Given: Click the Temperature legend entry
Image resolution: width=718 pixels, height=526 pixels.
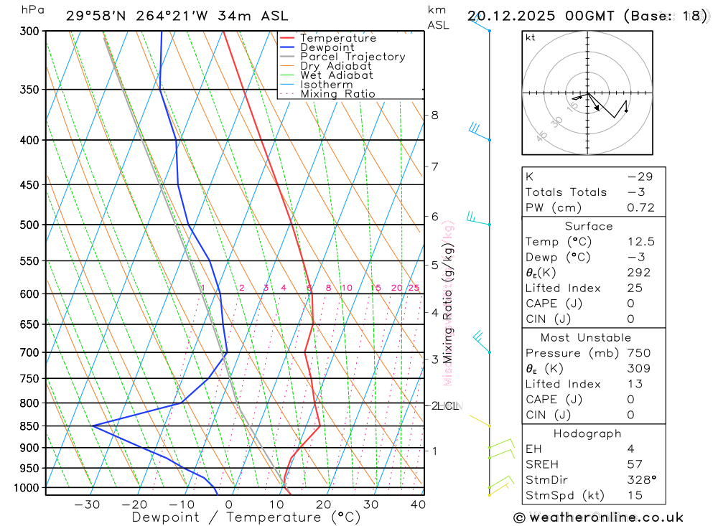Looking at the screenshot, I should tap(337, 38).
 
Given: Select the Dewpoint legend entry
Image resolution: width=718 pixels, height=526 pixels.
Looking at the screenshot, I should tap(327, 47).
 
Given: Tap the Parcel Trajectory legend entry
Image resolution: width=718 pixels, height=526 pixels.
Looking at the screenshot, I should tap(353, 57).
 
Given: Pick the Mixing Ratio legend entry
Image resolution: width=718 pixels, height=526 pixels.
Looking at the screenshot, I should tap(337, 94).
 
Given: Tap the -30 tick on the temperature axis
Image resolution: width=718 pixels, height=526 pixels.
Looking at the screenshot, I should tap(87, 504).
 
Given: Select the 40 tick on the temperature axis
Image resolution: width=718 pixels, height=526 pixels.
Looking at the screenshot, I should tap(417, 504).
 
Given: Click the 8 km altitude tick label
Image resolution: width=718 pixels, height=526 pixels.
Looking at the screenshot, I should tap(434, 115).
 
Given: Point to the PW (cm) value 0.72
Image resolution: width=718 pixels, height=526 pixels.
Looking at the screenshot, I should tap(640, 208).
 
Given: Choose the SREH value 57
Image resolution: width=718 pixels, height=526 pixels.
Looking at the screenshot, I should tap(634, 464).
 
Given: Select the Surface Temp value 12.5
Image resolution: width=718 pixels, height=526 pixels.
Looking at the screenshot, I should tap(640, 242).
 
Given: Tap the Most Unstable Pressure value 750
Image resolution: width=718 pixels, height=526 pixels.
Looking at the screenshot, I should tap(638, 353).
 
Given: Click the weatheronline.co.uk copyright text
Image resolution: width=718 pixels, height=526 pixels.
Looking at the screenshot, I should tap(598, 517).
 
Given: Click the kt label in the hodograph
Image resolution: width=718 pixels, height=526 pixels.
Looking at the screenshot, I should tap(531, 38).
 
